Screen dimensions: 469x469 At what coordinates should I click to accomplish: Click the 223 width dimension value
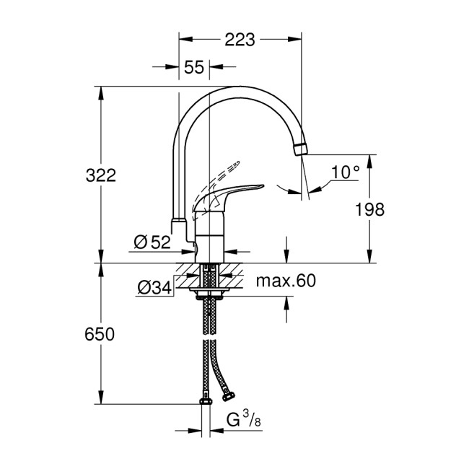(x=240, y=40)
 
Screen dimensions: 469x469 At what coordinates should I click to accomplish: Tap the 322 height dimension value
(x=102, y=175)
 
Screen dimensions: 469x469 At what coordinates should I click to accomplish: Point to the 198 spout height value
(x=370, y=209)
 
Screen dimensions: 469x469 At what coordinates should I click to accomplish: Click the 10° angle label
(x=346, y=172)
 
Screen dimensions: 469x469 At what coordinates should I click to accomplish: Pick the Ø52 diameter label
(x=153, y=242)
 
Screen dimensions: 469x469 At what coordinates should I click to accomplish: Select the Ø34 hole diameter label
(x=152, y=289)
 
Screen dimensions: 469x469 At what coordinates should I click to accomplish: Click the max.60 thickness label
(x=286, y=281)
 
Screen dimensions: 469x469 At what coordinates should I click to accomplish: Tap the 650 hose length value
(x=102, y=334)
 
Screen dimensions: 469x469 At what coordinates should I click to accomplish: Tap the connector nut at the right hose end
(x=229, y=395)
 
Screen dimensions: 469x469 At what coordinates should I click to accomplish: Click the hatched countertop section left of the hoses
(x=190, y=273)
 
